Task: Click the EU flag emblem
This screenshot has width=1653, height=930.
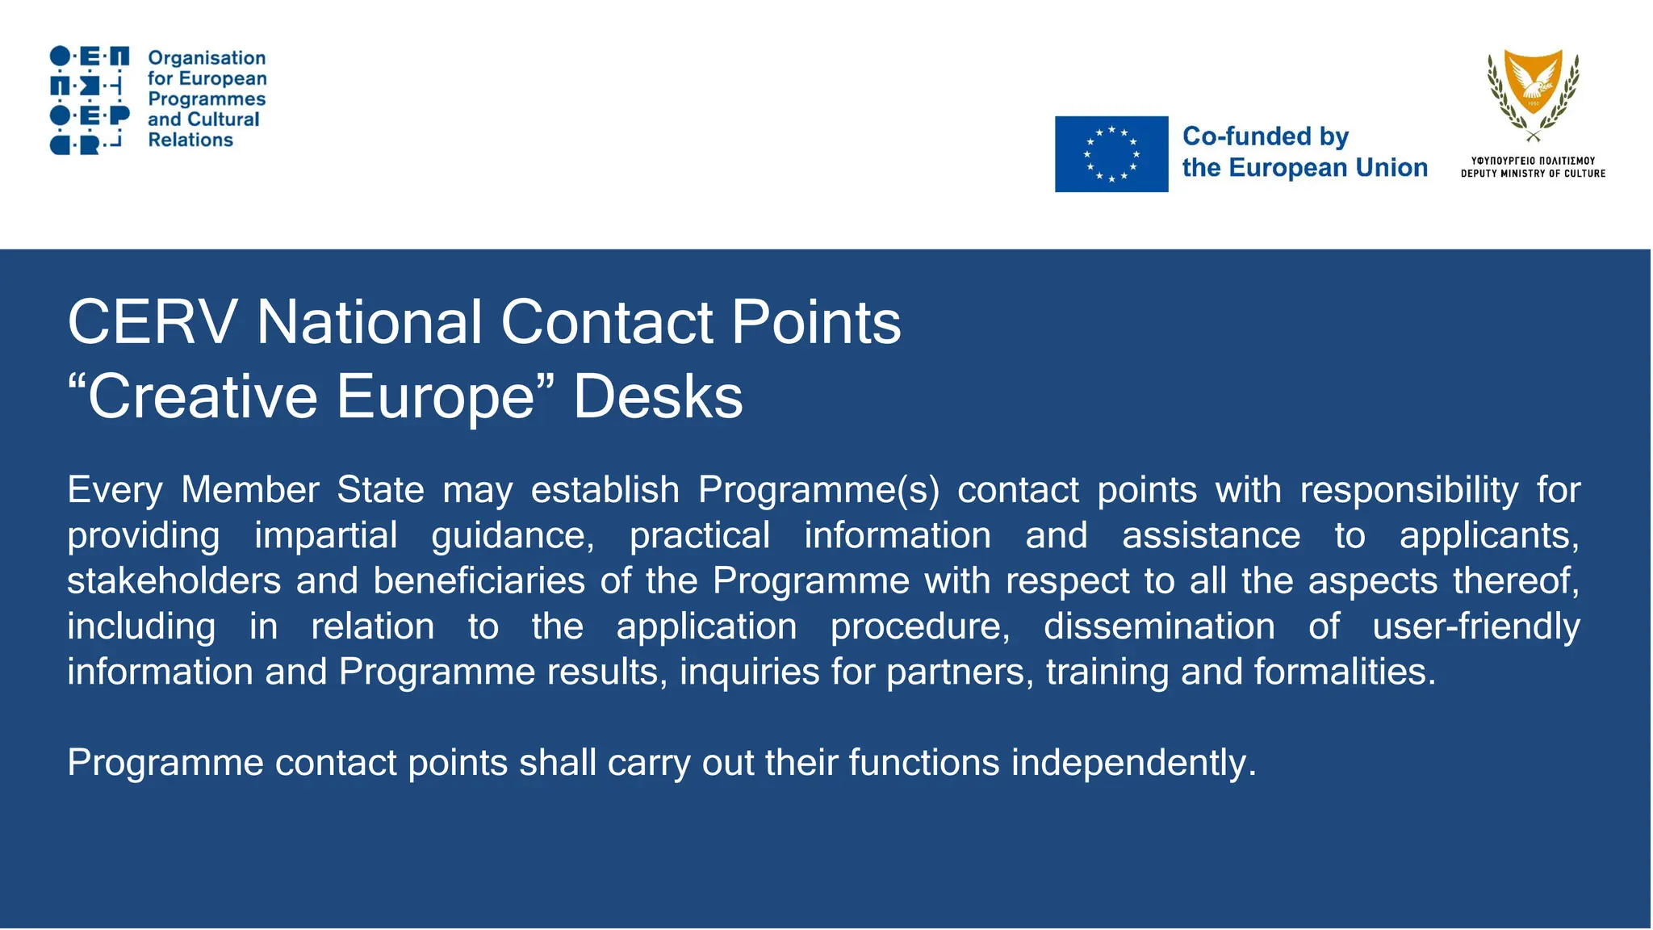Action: coord(1111,154)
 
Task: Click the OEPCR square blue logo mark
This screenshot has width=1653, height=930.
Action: coord(90,100)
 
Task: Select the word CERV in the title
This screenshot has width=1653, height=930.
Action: coord(152,322)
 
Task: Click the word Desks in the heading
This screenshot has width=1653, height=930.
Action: coord(658,396)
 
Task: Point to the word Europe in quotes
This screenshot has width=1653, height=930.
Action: coord(436,396)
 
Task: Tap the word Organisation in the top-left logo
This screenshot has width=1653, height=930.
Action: coord(207,58)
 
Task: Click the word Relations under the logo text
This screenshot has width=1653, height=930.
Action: coord(190,140)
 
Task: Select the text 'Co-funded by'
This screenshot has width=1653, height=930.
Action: coord(1266,136)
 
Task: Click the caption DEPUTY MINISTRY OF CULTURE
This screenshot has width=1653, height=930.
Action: coord(1533,174)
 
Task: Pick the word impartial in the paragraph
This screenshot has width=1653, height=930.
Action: coord(326,535)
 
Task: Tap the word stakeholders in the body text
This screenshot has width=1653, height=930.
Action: coord(174,580)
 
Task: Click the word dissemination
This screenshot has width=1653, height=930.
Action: coord(1159,626)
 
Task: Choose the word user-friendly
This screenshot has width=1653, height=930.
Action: coord(1476,626)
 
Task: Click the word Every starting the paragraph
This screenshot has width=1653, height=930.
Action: coord(115,490)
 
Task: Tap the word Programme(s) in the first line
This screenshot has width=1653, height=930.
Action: coord(818,490)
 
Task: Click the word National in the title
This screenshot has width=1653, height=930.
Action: coord(370,322)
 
